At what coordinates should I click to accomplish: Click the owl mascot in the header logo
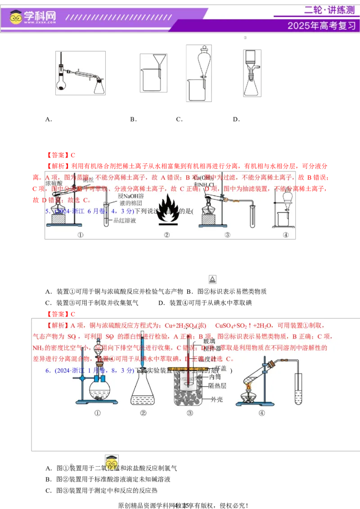pyautogui.click(x=16, y=17)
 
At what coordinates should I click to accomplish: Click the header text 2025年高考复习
pyautogui.click(x=321, y=26)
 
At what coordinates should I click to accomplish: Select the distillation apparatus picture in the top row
pyautogui.click(x=81, y=73)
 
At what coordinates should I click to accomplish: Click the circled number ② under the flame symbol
pyautogui.click(x=166, y=235)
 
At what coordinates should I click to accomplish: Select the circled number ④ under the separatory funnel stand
pyautogui.click(x=285, y=235)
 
